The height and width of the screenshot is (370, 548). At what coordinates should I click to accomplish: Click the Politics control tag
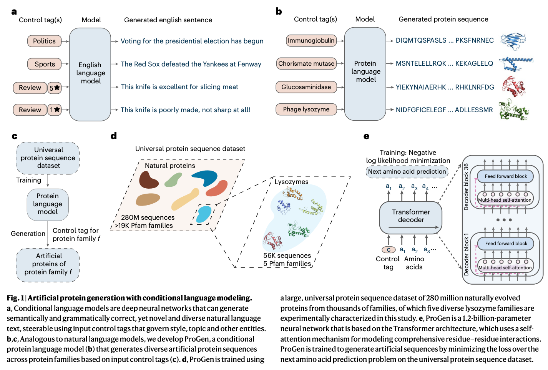44,41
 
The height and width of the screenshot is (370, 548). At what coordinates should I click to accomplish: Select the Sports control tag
45,64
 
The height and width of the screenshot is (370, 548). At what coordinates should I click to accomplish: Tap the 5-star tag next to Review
55,88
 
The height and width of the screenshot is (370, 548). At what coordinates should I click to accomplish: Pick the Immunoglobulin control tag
311,40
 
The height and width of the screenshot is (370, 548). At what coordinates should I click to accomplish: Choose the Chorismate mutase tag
306,63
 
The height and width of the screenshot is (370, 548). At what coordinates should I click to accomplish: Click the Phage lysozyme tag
306,110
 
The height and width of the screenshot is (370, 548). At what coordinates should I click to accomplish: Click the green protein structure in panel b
513,110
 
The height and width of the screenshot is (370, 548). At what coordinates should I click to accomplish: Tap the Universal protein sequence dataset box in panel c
48,158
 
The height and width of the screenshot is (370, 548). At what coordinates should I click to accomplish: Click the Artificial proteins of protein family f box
48,264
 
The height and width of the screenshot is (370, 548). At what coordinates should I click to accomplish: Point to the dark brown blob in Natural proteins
148,180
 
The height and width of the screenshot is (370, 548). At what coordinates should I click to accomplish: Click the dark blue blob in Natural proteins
205,178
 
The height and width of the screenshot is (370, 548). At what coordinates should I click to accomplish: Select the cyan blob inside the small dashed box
204,214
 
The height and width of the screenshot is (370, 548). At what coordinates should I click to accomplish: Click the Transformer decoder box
410,217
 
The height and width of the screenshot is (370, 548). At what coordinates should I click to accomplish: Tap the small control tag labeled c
389,250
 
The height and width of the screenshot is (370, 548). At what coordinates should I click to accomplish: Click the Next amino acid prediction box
407,172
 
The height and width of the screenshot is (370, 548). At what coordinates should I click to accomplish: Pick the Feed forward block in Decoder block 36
505,176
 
